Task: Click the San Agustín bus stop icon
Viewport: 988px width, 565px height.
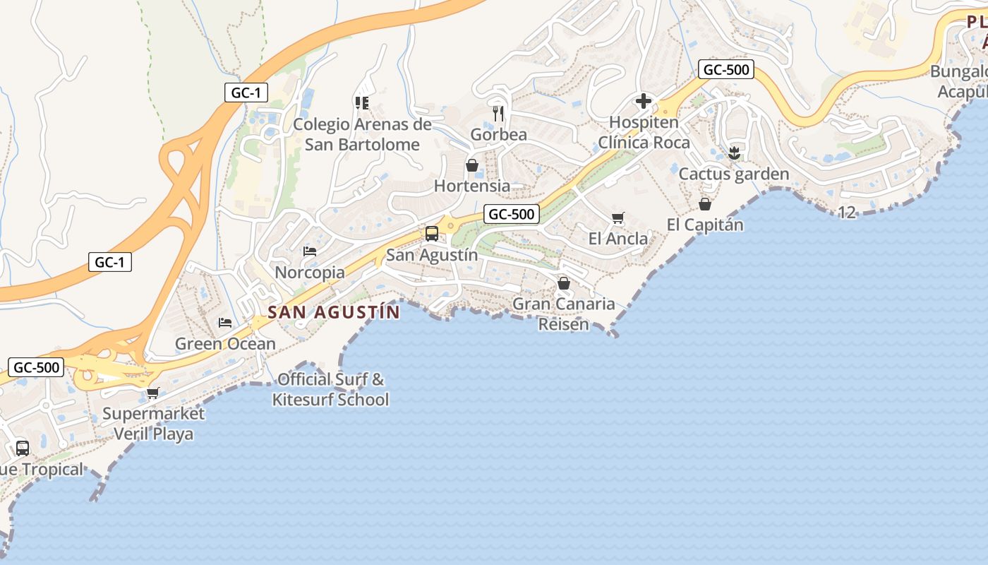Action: click(431, 234)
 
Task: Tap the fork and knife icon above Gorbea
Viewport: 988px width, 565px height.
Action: click(498, 113)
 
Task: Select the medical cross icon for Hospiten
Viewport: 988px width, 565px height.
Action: click(644, 101)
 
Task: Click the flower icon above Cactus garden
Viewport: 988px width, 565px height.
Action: click(734, 153)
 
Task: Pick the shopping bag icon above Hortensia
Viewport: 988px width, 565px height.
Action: click(472, 165)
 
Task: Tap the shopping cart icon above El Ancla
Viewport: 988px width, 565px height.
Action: click(618, 218)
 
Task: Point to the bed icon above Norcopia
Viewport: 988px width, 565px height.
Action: click(309, 251)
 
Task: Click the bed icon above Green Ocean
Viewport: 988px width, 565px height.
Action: click(225, 323)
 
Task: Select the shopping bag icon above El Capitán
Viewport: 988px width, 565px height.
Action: click(704, 204)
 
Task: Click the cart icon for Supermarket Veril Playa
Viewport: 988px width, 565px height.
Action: click(153, 393)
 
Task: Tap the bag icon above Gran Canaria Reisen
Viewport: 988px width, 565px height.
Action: click(564, 283)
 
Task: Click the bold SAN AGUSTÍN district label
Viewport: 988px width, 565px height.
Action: click(334, 311)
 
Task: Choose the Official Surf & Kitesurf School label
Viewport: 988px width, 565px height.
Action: click(331, 389)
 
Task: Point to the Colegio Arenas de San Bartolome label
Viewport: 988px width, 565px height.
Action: click(362, 134)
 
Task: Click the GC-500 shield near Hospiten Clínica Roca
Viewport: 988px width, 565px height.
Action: click(726, 69)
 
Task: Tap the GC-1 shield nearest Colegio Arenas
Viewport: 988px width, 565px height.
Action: click(246, 92)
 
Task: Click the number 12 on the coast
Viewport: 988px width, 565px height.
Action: click(847, 212)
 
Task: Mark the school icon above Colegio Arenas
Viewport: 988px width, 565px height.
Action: click(362, 103)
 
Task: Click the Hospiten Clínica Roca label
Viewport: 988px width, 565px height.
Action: click(644, 132)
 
